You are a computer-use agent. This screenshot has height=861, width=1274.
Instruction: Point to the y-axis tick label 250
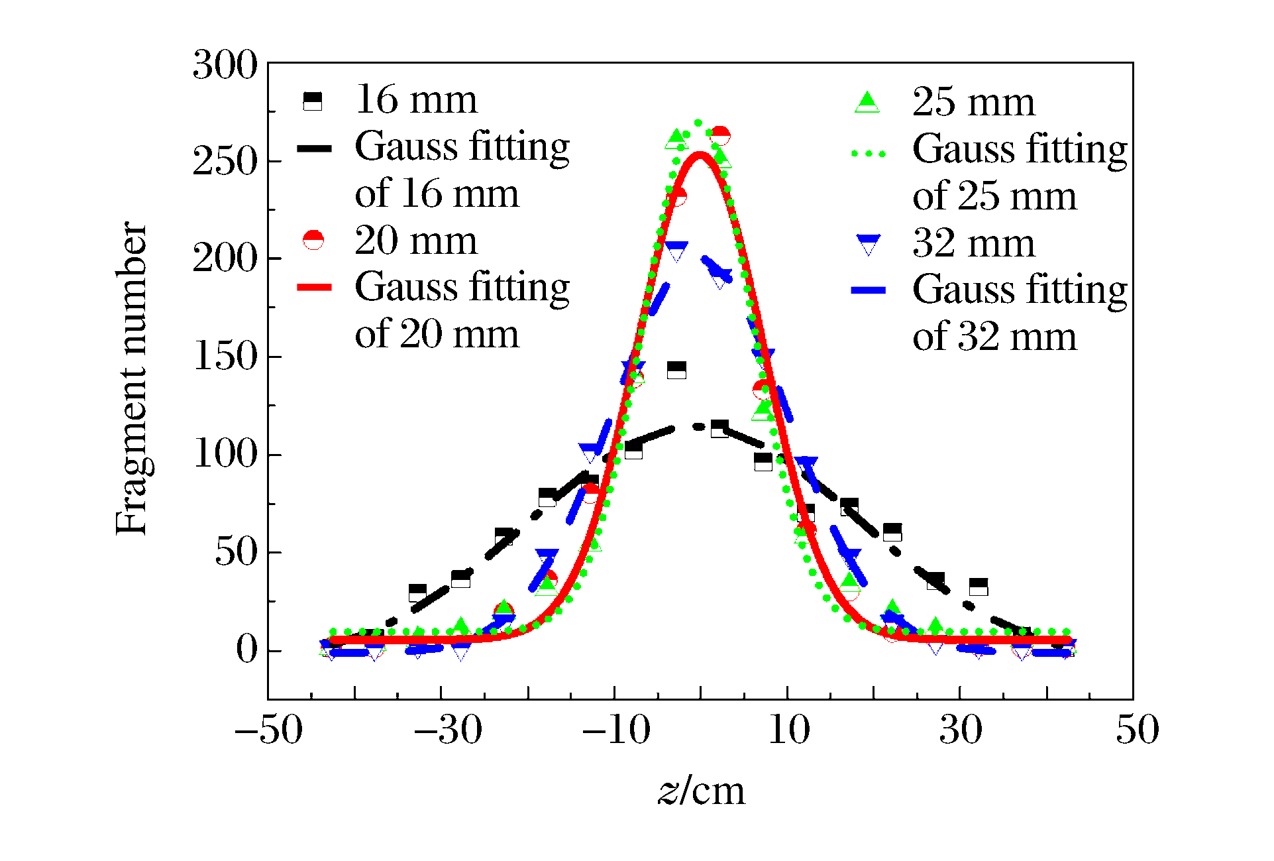point(225,161)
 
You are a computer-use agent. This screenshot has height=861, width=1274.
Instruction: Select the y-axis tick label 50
point(236,551)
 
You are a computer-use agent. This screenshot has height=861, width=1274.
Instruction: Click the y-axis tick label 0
point(247,649)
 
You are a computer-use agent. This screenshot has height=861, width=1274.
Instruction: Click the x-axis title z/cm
point(701,790)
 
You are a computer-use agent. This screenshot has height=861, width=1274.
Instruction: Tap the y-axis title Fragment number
point(131,378)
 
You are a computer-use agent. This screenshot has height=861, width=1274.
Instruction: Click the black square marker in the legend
point(312,101)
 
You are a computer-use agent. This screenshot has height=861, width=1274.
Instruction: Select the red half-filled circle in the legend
point(313,240)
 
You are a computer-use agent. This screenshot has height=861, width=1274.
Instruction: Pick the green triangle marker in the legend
point(867,102)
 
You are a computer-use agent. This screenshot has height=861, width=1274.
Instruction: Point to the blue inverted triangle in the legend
point(868,244)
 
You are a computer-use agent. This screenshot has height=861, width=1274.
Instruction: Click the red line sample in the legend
point(314,287)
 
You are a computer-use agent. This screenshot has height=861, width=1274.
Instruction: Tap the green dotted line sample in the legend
point(869,154)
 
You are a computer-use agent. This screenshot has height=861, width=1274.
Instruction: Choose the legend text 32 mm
point(973,243)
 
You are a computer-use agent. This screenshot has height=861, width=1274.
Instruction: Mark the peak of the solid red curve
point(700,155)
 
